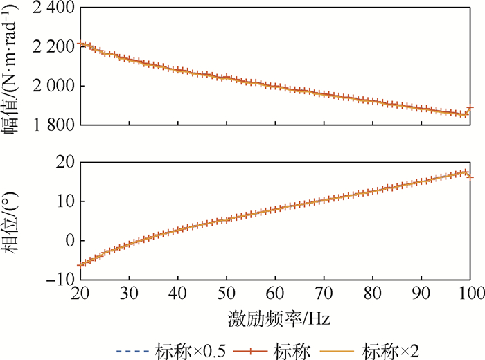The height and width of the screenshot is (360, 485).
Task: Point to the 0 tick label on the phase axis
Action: [70, 241]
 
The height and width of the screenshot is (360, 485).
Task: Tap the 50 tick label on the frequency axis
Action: [227, 294]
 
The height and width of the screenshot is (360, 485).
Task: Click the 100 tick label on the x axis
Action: [471, 294]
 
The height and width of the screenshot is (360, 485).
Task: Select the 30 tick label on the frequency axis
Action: [130, 294]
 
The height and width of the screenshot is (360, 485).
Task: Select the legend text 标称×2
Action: [396, 348]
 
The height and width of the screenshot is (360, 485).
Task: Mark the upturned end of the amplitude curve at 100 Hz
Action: [471, 107]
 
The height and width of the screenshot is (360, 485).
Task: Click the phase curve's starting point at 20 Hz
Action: [81, 264]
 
